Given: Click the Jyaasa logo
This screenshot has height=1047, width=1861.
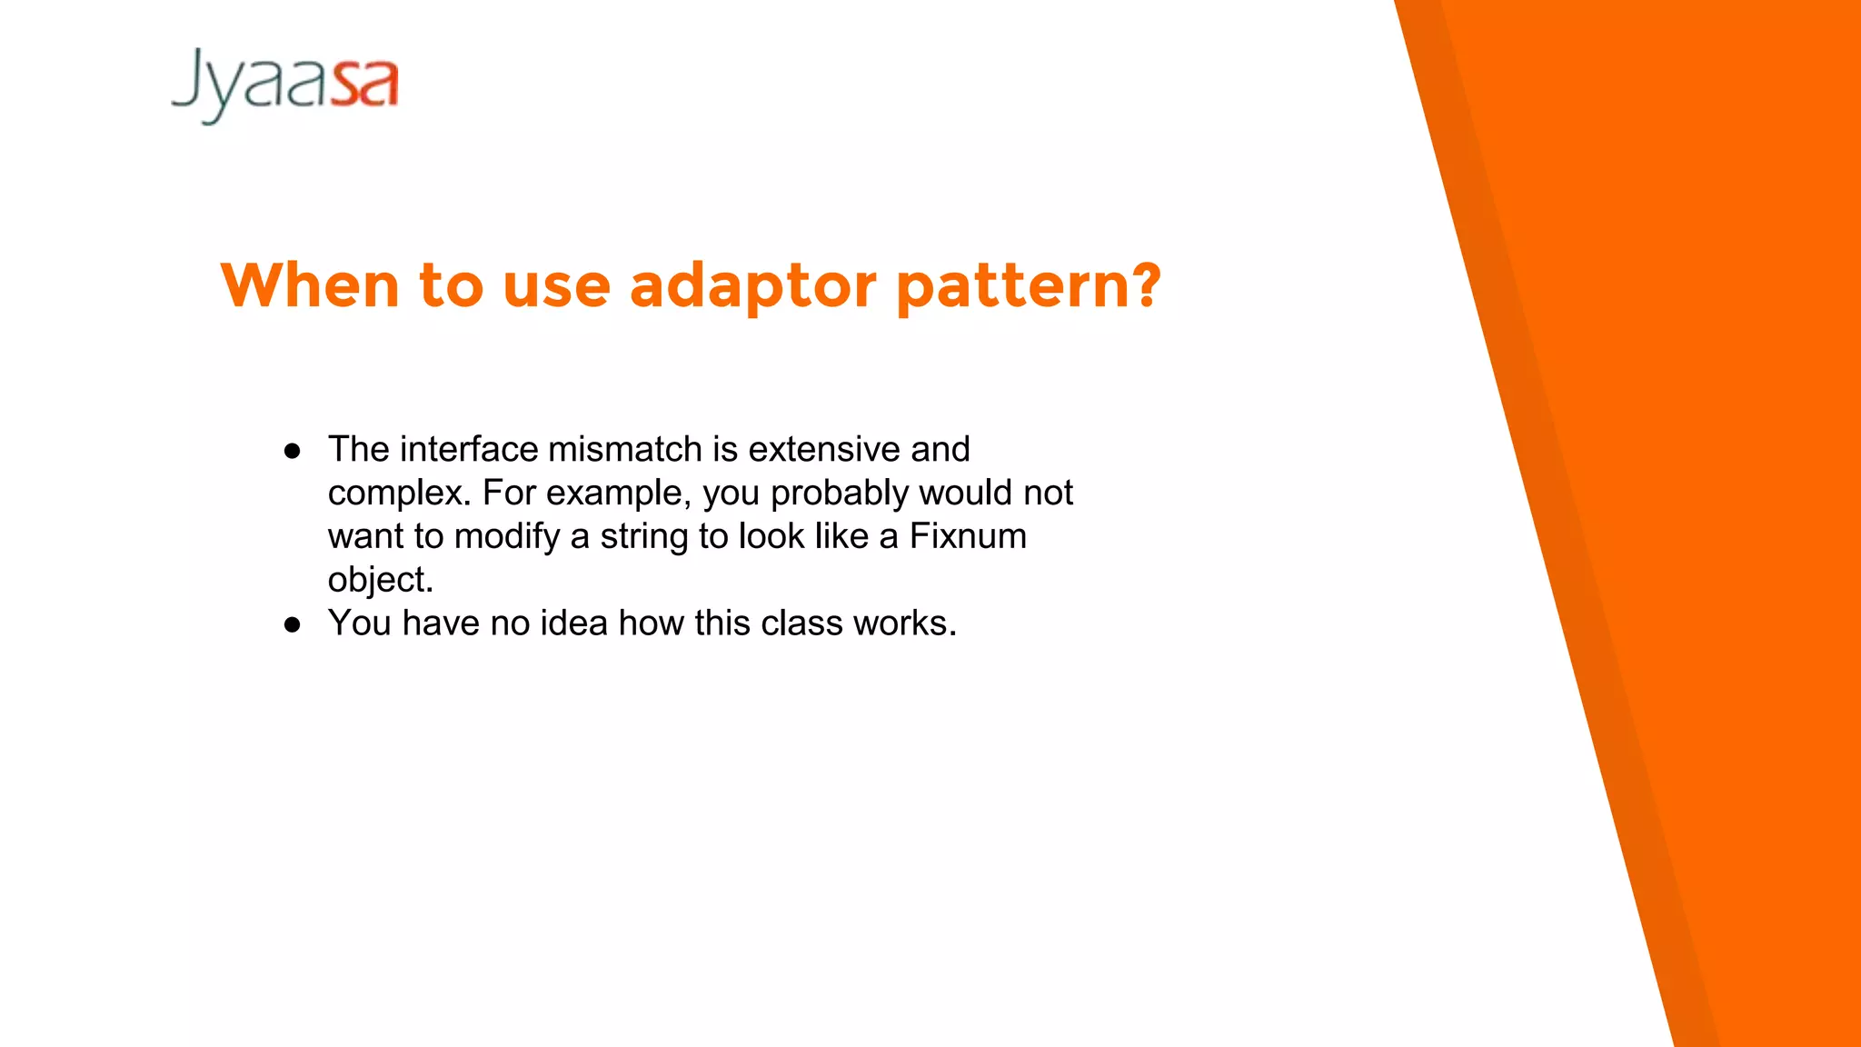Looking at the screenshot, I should point(284,85).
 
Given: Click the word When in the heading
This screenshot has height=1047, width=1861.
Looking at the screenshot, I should point(310,286).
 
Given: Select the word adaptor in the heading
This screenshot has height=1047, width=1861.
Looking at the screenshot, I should point(752,286).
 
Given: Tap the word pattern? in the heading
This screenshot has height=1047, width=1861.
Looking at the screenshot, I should point(1028,286).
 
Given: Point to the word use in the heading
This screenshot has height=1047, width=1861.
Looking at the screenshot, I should point(556,286).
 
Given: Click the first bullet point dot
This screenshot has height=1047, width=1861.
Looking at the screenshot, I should point(292,451).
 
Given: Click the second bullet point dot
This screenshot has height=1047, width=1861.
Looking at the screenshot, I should point(292,624).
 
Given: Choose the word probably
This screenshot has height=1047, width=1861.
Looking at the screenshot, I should point(840,494).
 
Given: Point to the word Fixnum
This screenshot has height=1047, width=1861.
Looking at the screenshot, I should point(968,536).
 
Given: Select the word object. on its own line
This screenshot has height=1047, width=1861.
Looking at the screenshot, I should point(381,580).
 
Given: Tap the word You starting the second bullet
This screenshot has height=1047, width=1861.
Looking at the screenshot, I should point(360,623).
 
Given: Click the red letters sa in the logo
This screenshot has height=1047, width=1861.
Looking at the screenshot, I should point(364,84).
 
